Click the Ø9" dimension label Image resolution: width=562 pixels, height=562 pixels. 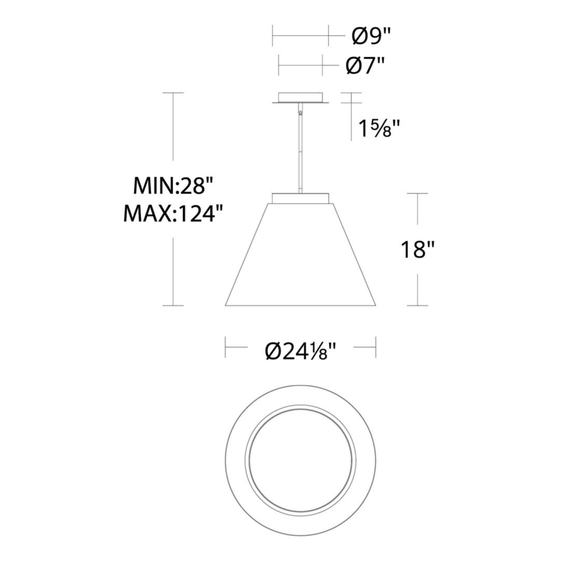click(370, 36)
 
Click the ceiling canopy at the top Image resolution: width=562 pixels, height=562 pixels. click(300, 98)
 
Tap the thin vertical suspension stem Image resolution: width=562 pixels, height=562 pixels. click(300, 152)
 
